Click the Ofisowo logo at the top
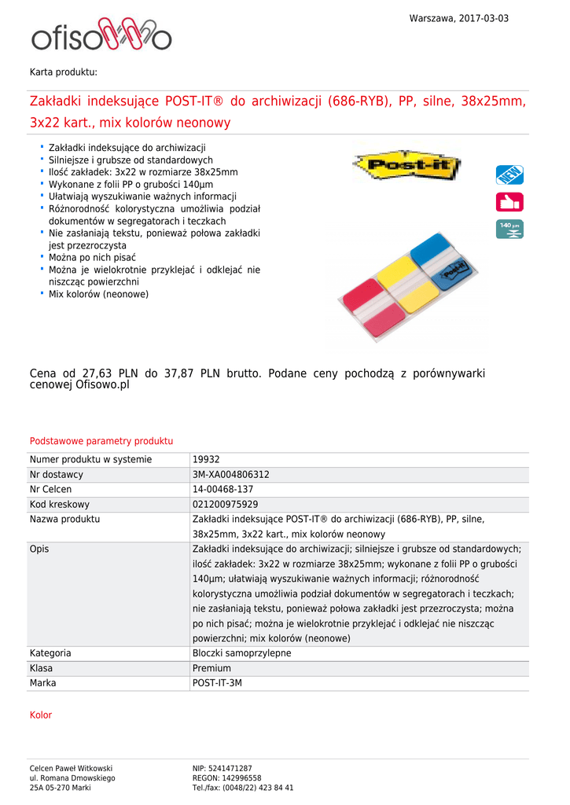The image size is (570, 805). click(x=101, y=36)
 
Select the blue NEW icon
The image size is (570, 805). click(x=509, y=175)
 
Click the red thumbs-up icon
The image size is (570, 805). click(x=509, y=202)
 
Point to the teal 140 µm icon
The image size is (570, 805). click(x=509, y=229)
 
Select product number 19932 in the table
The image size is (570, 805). click(x=206, y=460)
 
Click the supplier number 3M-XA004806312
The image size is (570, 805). click(x=231, y=475)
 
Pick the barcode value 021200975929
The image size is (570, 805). click(x=226, y=505)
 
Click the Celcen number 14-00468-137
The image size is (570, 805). click(x=223, y=490)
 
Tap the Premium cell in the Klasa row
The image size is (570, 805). click(x=211, y=668)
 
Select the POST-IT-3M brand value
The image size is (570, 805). click(x=218, y=683)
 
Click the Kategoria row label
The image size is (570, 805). click(x=50, y=653)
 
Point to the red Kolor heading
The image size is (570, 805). click(x=41, y=715)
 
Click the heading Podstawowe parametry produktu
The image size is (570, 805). click(x=101, y=441)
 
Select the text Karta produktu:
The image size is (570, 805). click(x=64, y=72)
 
